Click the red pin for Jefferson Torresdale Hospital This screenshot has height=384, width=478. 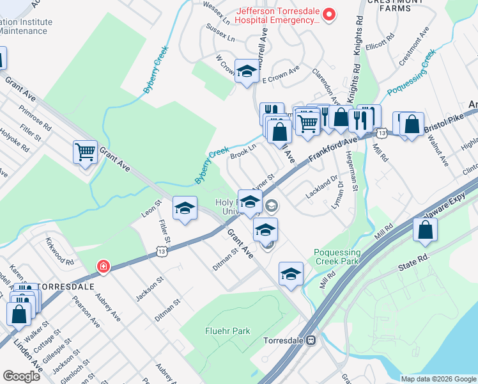pos(329,14)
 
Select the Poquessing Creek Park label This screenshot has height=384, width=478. pos(337,257)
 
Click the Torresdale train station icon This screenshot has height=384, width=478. pos(311,340)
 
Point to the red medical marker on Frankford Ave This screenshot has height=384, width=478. pos(102,266)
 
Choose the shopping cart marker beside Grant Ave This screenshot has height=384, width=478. pos(85,152)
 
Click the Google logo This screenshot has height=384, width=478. pos(22,376)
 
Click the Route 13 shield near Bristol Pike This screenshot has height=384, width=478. pos(382,132)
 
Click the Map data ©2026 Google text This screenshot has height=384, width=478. pos(438,379)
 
